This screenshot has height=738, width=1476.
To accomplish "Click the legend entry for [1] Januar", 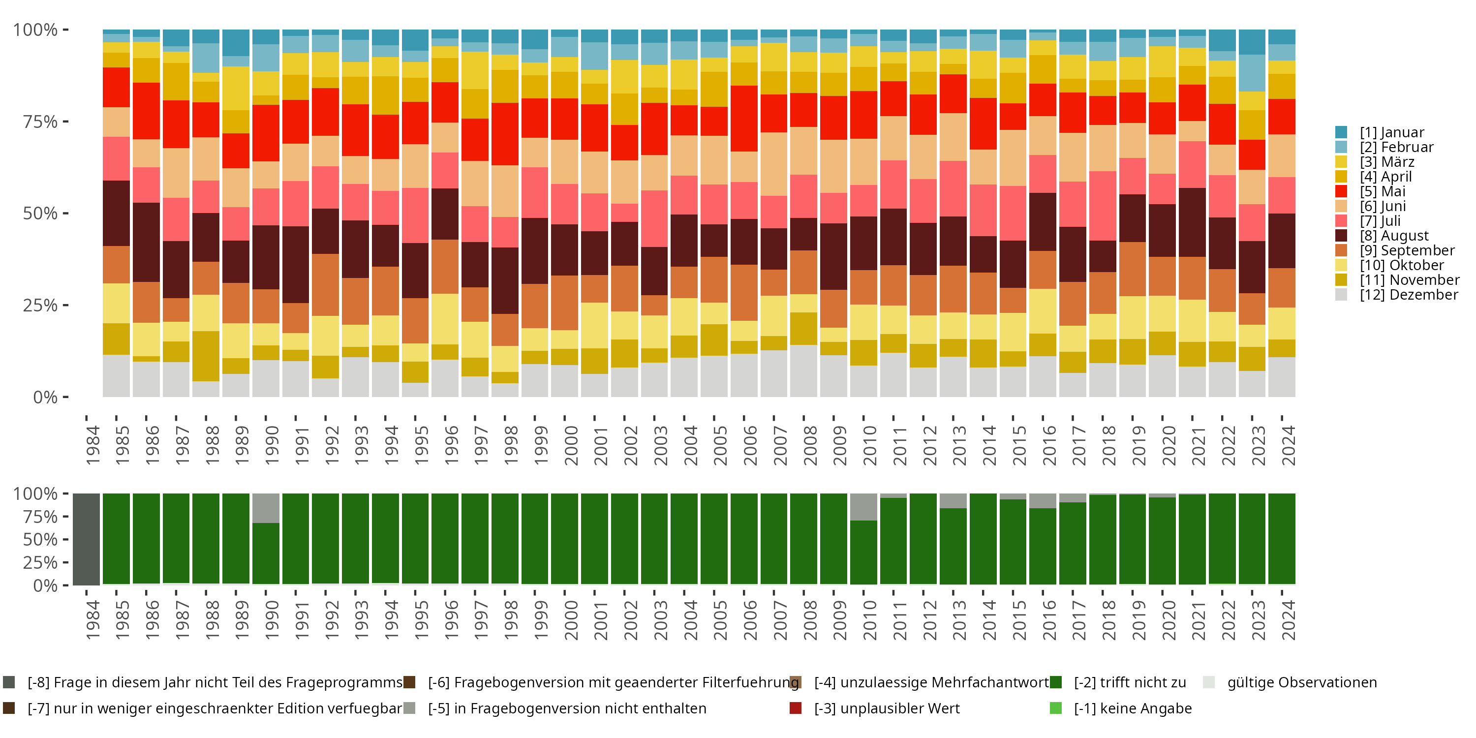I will [1391, 132].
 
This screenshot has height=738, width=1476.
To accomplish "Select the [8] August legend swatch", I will [1341, 236].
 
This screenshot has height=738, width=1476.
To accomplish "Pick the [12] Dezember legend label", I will [1409, 295].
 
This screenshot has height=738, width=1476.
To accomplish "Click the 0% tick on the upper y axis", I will [46, 397].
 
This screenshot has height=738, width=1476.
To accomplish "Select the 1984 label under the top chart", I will [92, 445].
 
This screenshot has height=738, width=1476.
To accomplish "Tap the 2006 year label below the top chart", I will [749, 445].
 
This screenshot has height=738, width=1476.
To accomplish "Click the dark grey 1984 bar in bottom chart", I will [87, 539].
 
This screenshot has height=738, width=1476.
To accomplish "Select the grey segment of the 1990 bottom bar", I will [266, 508].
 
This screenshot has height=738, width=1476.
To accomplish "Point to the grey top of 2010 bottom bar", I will [863, 507].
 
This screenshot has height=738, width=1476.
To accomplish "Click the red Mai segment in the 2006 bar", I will [744, 118].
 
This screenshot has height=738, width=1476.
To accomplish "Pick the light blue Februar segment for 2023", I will [1252, 73].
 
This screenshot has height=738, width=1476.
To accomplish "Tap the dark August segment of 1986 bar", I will [146, 242].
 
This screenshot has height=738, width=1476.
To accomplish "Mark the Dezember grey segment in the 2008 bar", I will [804, 370].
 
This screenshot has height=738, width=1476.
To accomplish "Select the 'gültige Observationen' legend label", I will [1301, 682].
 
